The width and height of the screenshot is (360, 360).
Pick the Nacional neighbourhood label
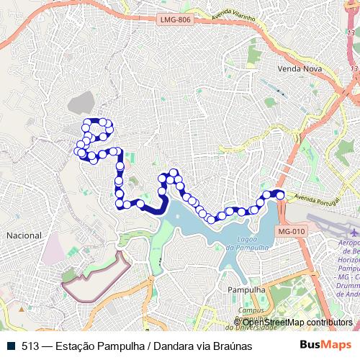coord(24,235)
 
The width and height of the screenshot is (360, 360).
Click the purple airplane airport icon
coord(354,233)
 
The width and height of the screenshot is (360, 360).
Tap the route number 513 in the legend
coord(30,346)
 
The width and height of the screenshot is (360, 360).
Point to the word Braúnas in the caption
coord(231,346)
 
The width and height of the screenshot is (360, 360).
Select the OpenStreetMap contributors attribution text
coord(297,323)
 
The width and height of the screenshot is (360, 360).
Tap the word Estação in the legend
coord(73,346)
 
